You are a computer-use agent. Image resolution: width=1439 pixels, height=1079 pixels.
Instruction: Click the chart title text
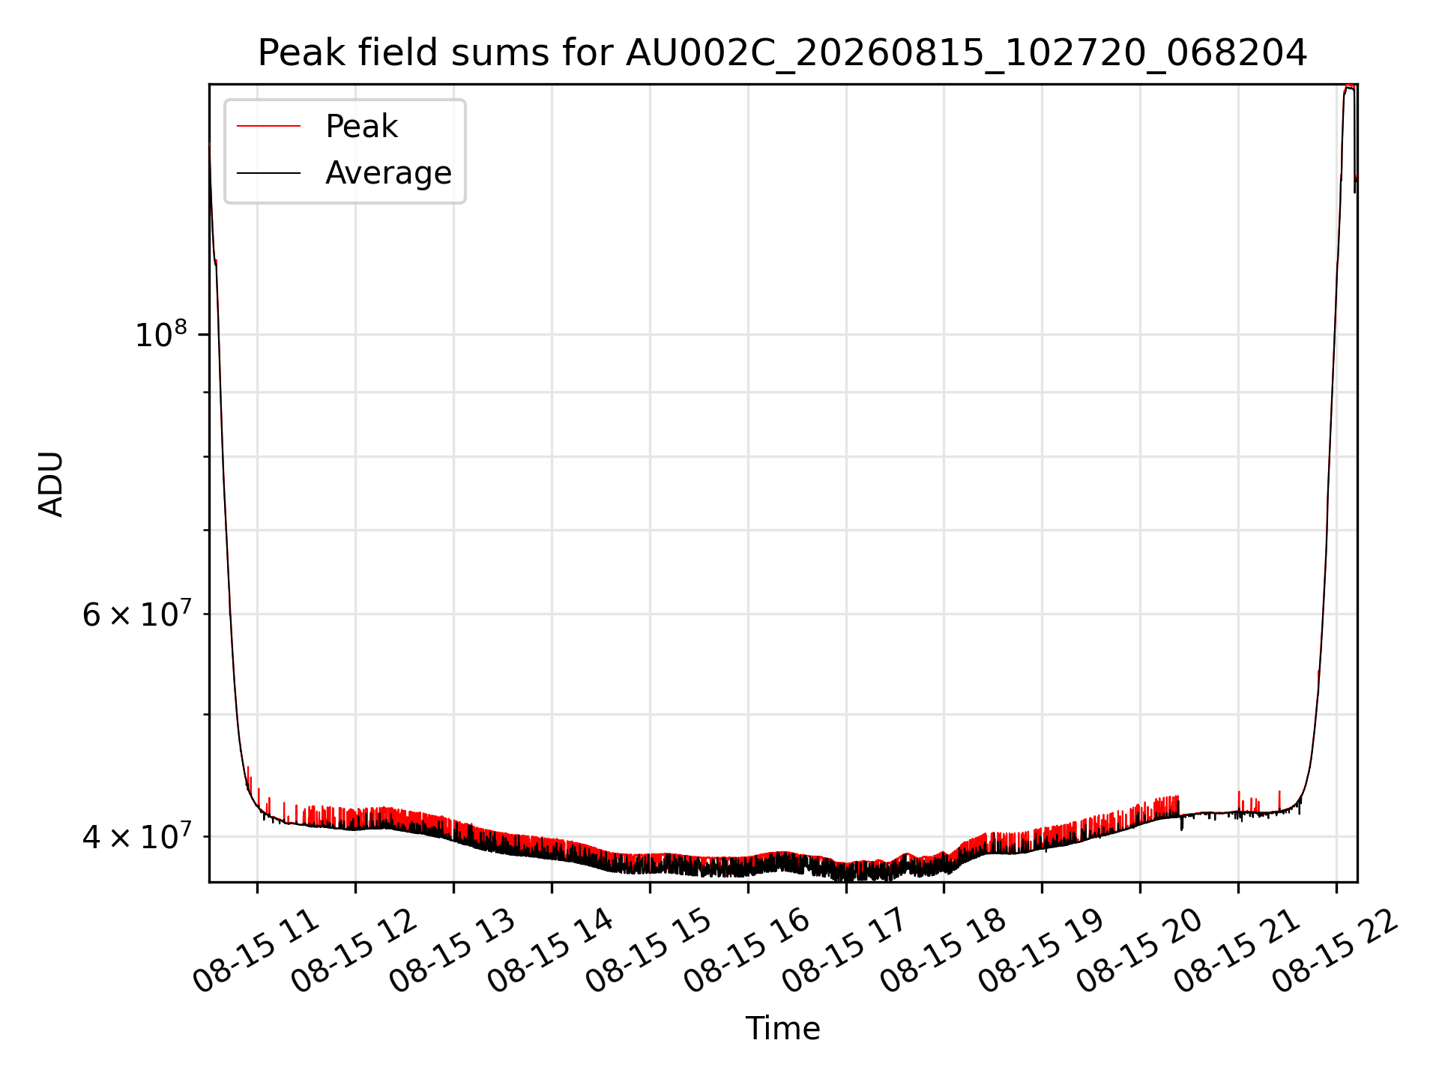coord(782,53)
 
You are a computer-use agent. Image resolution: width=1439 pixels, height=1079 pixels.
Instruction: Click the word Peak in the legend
coord(361,127)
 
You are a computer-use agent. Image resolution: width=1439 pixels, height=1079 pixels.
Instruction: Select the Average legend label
coord(388,173)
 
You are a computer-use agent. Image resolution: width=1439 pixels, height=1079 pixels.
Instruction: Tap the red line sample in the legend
coord(268,127)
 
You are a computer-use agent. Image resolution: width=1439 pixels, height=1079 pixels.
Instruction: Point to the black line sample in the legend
coord(268,173)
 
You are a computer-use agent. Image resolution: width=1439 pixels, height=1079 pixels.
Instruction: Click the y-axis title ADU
coord(51,484)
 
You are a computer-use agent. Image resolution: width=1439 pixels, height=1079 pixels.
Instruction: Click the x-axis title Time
coord(782,1028)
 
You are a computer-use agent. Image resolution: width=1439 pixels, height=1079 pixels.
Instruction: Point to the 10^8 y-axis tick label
coord(160,333)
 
